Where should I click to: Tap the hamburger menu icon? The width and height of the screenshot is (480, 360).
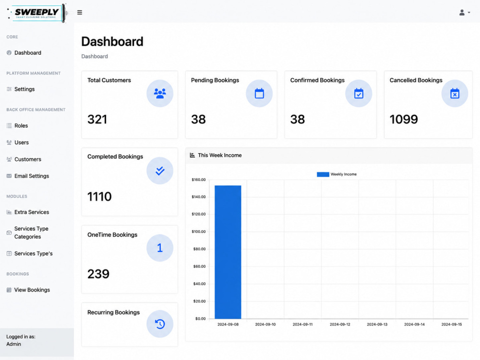point(80,12)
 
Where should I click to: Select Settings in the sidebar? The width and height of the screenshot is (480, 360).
point(24,89)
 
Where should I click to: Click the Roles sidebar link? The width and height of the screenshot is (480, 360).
point(21,125)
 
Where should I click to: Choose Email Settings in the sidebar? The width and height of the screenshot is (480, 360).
point(32,176)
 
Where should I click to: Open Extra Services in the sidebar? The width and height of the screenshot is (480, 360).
point(32,212)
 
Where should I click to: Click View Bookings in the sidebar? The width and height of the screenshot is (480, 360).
point(32,290)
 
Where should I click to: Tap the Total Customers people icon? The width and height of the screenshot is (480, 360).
point(160,94)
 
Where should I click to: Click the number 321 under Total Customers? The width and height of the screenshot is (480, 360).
point(97,120)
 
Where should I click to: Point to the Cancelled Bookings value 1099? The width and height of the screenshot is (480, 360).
point(404,120)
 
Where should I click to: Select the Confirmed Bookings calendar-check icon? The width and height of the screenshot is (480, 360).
point(359,94)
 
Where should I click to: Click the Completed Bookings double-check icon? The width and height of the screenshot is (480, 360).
point(160,170)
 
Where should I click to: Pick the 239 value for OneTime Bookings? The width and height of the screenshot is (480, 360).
point(98,274)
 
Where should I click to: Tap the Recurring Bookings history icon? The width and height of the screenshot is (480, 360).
point(160,324)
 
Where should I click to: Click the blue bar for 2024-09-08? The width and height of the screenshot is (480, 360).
point(228,252)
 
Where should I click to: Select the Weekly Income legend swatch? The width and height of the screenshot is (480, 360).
point(323,174)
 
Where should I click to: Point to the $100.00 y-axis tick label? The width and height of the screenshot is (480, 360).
point(199,231)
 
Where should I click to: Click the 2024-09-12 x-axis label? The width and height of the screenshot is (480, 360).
point(340,324)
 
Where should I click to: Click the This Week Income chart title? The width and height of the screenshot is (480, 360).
point(220,155)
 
